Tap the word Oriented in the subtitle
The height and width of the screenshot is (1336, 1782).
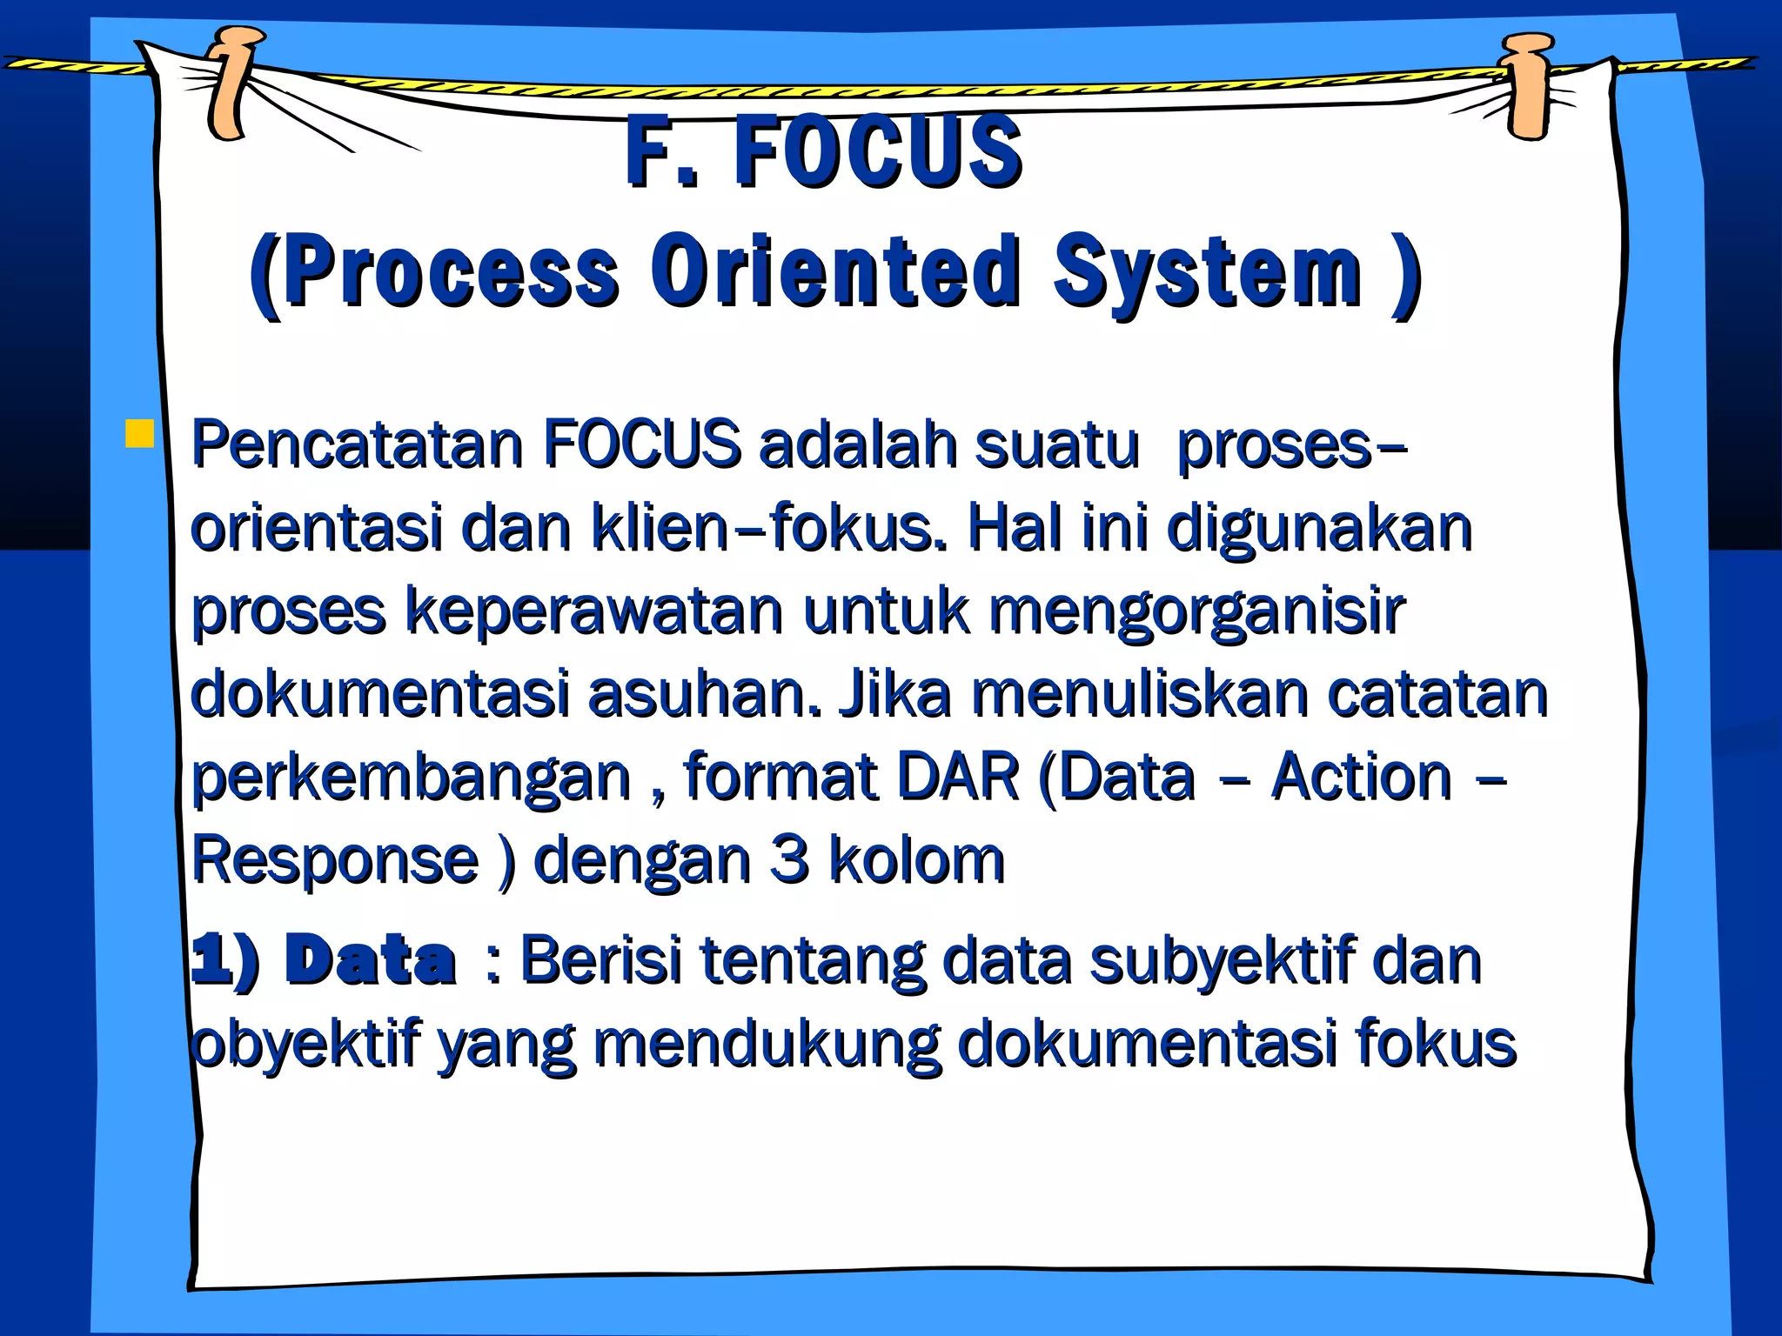click(x=835, y=271)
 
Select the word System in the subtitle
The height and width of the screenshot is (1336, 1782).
click(x=1208, y=271)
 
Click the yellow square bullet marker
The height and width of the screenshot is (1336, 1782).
click(x=139, y=433)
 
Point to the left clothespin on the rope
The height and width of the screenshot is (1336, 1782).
click(x=233, y=83)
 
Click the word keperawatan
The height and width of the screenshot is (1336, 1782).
click(x=595, y=611)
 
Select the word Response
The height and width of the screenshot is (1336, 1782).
click(x=336, y=861)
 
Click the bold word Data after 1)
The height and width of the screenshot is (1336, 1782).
click(x=370, y=961)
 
